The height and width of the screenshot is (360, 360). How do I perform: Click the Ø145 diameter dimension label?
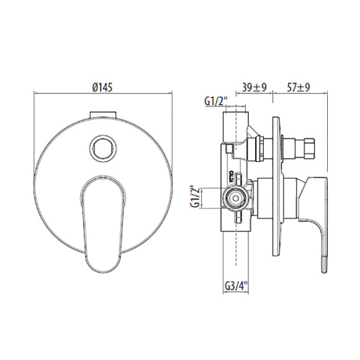pos(102,89)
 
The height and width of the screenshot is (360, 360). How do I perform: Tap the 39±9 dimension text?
pos(254,88)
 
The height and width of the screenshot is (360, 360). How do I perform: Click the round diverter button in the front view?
pos(102,148)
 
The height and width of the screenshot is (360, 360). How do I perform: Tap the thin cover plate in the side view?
pos(275,186)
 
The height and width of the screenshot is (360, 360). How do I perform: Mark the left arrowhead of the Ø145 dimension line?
pos(35,95)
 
